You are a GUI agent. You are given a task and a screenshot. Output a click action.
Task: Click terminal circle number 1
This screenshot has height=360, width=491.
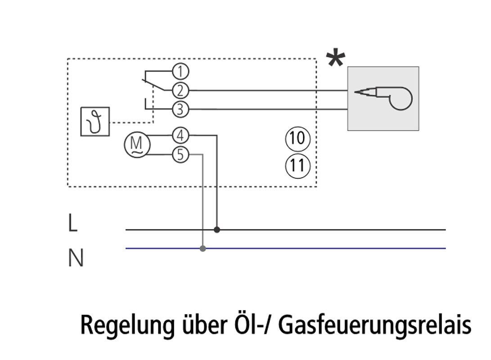[180, 71]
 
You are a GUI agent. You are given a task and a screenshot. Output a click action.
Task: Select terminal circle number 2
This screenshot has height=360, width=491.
[180, 90]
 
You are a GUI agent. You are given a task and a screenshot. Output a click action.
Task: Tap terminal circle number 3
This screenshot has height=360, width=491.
[180, 109]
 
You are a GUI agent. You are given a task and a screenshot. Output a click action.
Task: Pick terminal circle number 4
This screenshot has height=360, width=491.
[180, 135]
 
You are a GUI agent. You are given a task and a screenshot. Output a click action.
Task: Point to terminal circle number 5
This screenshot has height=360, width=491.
[180, 155]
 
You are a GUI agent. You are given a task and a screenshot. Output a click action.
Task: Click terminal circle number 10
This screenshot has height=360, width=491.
[297, 139]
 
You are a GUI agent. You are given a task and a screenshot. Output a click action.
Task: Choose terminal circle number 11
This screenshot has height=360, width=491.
[297, 166]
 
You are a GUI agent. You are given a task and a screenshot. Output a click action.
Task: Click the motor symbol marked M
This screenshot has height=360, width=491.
[137, 145]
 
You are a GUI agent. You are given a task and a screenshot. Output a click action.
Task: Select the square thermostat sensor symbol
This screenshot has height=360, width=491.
[95, 121]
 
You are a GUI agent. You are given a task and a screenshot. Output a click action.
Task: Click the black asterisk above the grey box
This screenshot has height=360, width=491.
[336, 59]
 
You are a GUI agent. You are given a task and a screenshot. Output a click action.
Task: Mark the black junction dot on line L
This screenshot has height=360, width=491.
[217, 229]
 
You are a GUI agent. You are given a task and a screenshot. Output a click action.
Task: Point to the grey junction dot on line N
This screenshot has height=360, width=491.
[203, 248]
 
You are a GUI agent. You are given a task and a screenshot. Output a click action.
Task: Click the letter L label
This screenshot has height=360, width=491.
[72, 223]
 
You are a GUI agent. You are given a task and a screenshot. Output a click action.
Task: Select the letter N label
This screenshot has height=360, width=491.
[76, 259]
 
